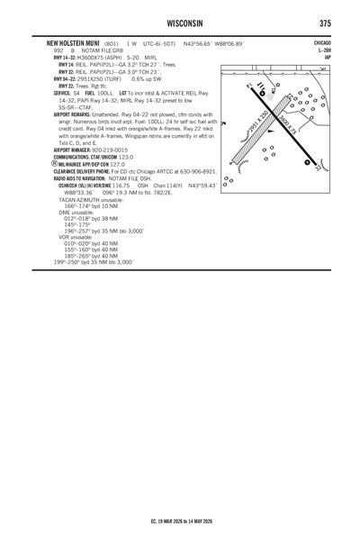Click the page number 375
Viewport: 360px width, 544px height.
point(325,23)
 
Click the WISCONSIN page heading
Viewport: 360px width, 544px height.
point(184,23)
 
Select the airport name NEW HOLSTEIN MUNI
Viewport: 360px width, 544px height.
point(73,43)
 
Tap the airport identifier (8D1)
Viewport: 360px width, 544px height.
point(112,44)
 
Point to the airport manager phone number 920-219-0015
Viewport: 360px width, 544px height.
point(110,150)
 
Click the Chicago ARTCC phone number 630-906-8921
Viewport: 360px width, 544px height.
point(198,171)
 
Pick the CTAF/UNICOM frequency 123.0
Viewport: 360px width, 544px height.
point(126,157)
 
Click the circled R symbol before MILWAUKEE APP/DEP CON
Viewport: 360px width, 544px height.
point(55,164)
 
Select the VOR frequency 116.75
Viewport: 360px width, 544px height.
point(121,186)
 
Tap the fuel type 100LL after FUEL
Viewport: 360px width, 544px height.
point(105,94)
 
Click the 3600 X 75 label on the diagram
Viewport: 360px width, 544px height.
point(289,124)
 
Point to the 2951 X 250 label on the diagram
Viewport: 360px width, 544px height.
point(258,122)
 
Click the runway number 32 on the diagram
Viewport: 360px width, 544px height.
point(318,168)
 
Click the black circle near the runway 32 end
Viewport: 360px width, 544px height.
point(307,162)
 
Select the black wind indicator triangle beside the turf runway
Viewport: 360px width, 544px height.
point(271,131)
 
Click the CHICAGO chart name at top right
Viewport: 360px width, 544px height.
point(322,43)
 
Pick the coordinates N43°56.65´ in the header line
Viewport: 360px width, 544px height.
point(197,44)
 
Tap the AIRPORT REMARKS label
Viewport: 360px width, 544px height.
point(72,114)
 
